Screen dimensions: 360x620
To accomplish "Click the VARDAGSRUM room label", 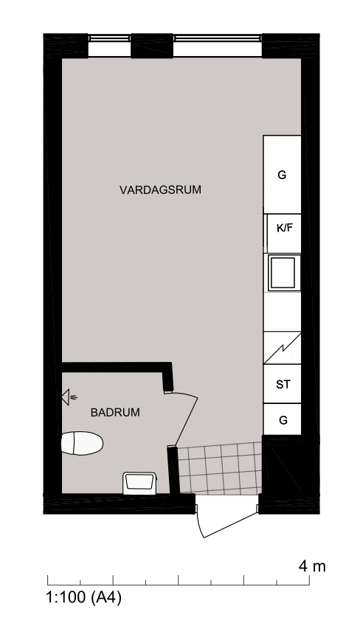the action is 160,189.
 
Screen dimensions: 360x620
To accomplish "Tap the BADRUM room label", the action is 115,412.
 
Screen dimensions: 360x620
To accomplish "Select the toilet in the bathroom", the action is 82,443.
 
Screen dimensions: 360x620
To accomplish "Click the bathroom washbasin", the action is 139,483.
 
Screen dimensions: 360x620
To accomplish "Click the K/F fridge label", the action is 285,228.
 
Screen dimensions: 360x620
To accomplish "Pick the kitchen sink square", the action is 282,272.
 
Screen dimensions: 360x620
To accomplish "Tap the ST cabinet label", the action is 283,384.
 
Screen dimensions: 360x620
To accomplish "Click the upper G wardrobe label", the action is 282,175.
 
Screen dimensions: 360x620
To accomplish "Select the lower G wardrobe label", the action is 283,420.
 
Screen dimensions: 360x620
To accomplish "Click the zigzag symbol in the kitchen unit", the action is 283,348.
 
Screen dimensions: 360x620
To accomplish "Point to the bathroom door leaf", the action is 186,421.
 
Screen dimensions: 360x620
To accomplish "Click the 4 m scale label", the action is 312,566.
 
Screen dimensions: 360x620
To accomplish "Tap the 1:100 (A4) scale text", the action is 83,596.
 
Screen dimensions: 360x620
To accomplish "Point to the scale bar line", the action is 179,585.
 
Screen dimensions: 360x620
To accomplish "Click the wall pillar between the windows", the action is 152,46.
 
